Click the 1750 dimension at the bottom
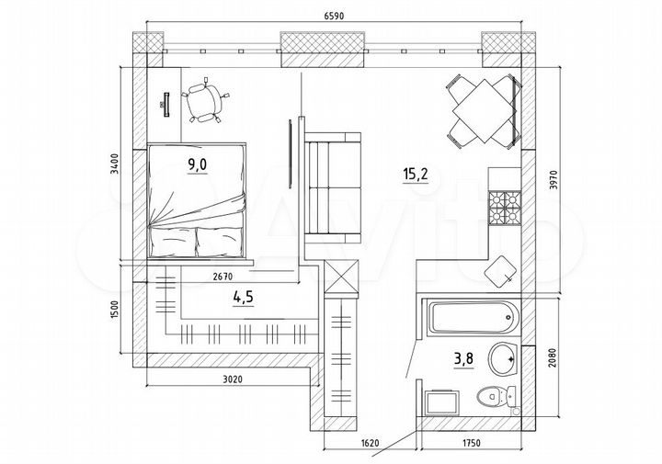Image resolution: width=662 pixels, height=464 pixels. (x=470, y=443)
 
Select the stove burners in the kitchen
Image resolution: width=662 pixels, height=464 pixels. (x=503, y=206)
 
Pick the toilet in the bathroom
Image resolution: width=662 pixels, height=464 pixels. (x=494, y=398)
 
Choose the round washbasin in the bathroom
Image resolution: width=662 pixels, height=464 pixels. (x=503, y=358)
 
